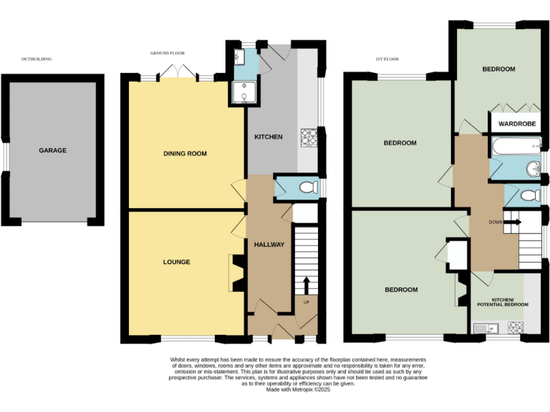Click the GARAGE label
[x=53, y=150]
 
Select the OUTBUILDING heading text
[x=37, y=59]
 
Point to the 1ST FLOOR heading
[x=387, y=59]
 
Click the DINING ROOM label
[x=185, y=154]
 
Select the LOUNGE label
[x=176, y=262]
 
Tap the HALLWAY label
[x=269, y=245]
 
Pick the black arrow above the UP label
[x=307, y=285]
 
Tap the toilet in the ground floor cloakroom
[x=307, y=187]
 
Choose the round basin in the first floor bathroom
[x=532, y=169]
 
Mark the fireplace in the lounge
[x=237, y=273]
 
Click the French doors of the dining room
[x=177, y=72]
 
